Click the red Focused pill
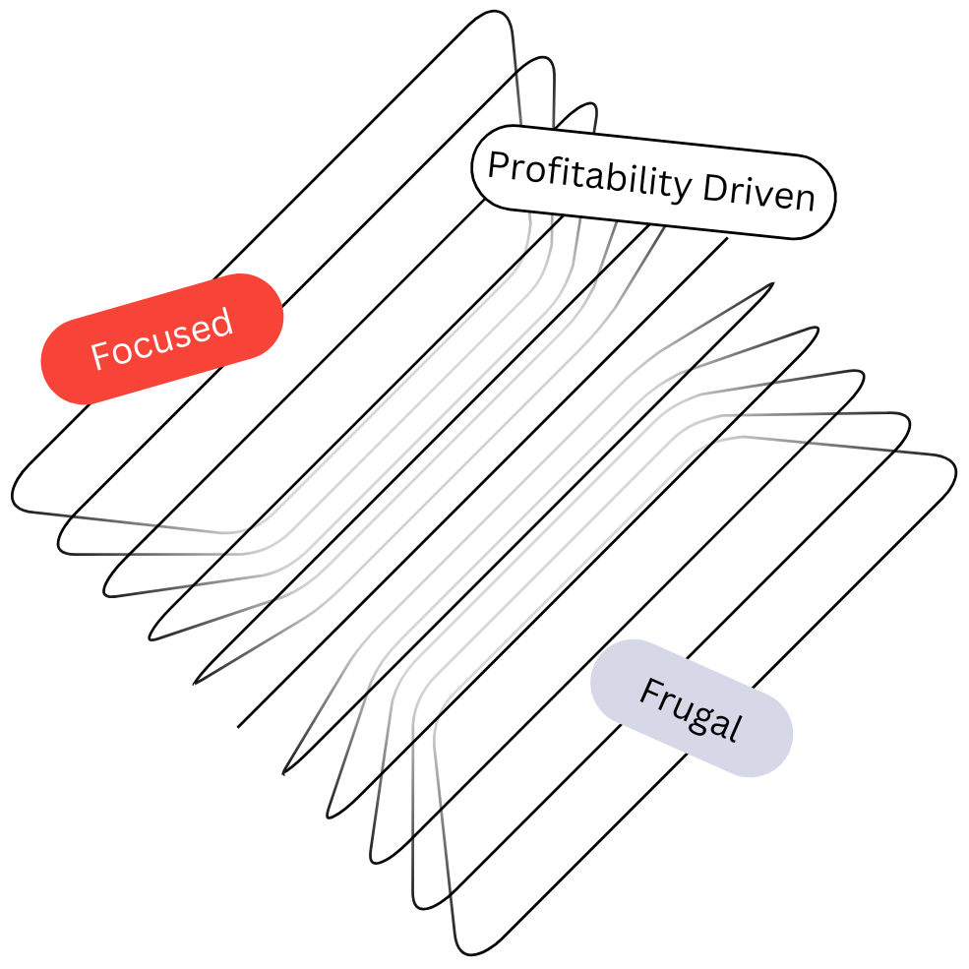coord(162,338)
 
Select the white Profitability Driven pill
coord(653,182)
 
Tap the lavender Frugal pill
coord(692,708)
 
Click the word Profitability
coord(588,177)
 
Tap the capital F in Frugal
coord(648,692)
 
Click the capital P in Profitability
coord(499,165)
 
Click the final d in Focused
coord(222,321)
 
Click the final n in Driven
coord(805,199)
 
